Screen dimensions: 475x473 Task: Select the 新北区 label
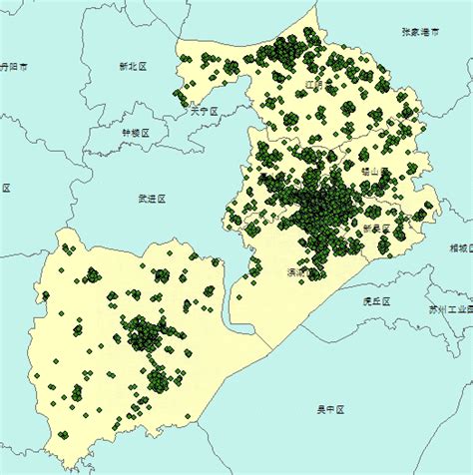coord(132,66)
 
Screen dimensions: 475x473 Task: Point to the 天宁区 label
coord(204,112)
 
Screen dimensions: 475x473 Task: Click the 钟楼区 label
coord(135,133)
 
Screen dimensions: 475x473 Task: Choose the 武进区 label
coord(152,199)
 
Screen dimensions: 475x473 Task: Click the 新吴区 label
coord(376,228)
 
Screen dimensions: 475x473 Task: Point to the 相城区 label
coord(461,247)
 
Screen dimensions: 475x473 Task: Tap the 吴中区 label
coord(330,409)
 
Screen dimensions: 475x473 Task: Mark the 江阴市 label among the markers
coord(315,86)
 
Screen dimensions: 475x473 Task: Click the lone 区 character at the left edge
coord(6,188)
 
